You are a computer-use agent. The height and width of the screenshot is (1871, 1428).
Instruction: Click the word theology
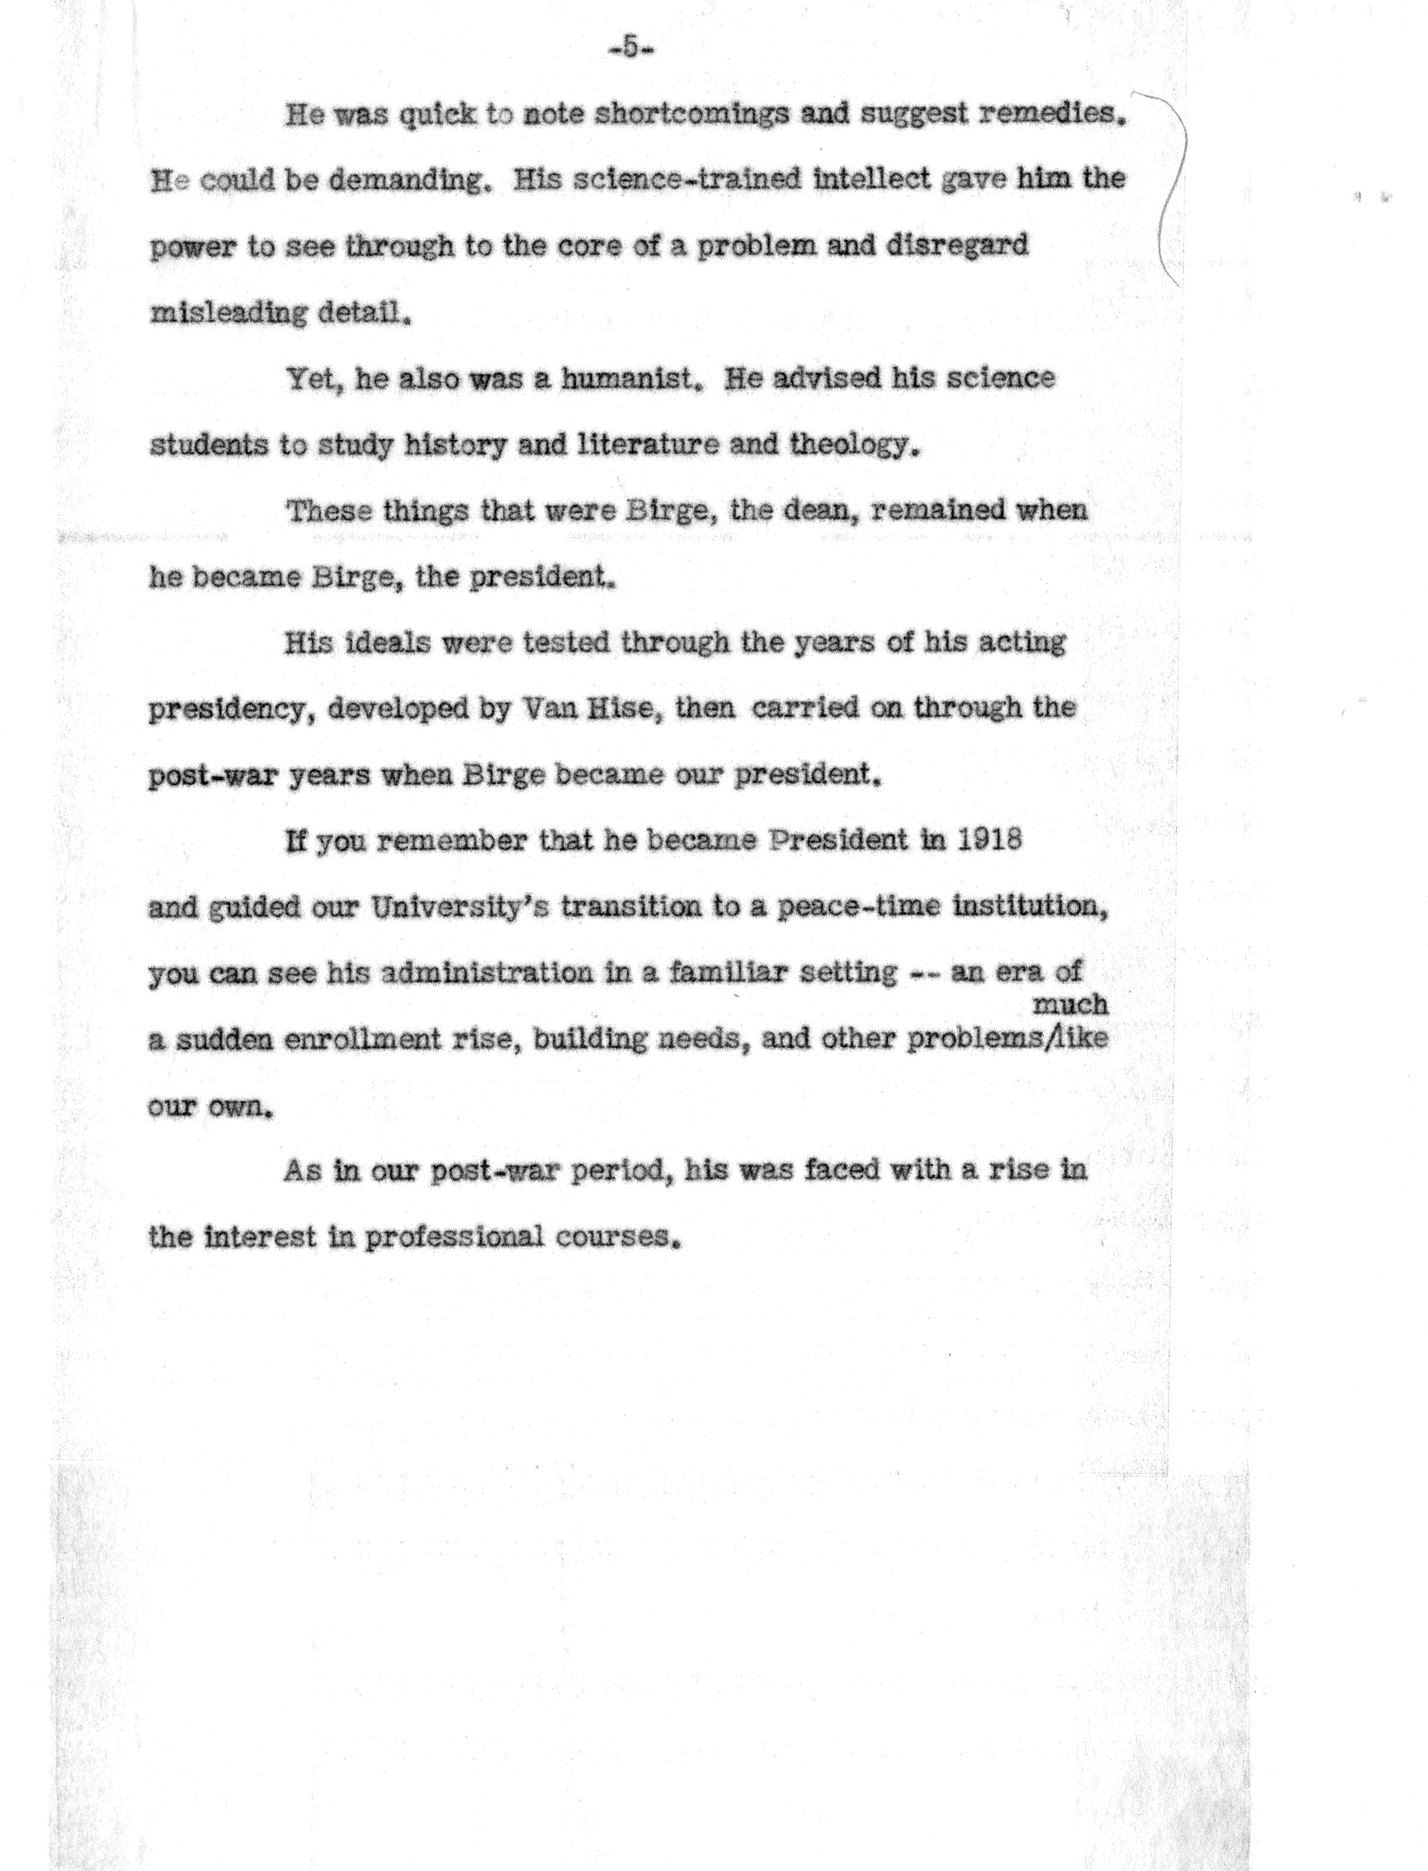coord(854,445)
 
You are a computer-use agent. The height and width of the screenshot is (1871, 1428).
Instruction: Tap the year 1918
coord(989,840)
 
